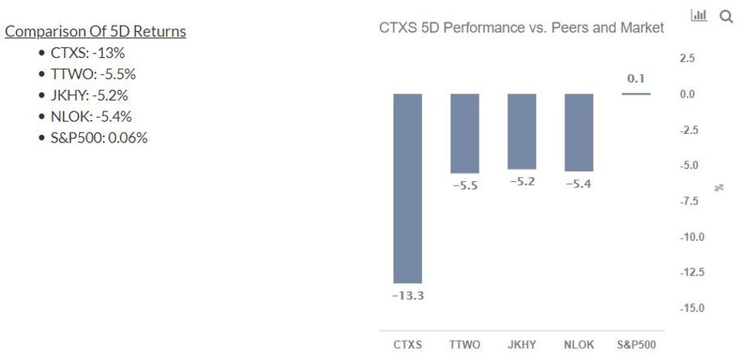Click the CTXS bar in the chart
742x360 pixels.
tap(407, 188)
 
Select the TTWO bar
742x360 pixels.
tap(465, 133)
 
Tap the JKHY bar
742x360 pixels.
tap(522, 132)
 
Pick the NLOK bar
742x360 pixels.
tap(579, 132)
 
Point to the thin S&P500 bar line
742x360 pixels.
tap(636, 94)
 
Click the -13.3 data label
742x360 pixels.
tap(407, 296)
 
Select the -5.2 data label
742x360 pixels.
tap(522, 182)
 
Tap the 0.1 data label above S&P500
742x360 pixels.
tap(636, 79)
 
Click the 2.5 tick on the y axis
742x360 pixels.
tap(687, 58)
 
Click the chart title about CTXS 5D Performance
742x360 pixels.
tap(521, 28)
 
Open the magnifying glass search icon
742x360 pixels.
tap(726, 16)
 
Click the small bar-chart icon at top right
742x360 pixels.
tap(699, 15)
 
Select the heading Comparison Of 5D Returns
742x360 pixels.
tap(95, 32)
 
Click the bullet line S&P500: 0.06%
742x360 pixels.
tap(98, 138)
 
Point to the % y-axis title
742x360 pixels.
tap(720, 187)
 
